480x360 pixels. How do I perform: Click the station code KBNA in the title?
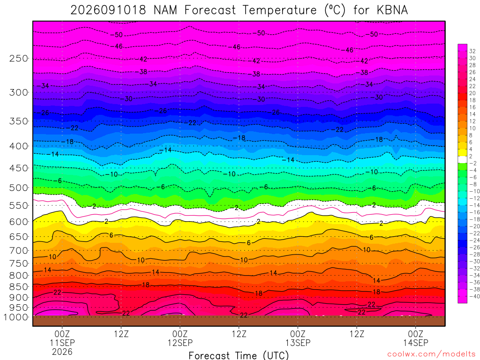[392, 10]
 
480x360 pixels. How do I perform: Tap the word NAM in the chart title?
[165, 10]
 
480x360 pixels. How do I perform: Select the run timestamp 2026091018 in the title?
[108, 10]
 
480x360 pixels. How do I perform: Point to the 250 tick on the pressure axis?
[18, 58]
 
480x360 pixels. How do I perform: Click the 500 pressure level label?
[18, 187]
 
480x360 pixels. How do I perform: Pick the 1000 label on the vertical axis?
[15, 317]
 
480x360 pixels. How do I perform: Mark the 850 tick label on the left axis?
[18, 287]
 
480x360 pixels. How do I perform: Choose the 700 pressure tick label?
[18, 251]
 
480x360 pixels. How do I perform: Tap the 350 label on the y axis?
[18, 121]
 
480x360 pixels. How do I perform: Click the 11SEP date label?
[62, 343]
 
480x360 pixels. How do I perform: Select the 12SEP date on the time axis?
[180, 343]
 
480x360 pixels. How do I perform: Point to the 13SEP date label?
[298, 343]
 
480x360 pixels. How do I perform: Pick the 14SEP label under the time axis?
[415, 343]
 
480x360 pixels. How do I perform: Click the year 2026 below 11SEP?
[62, 352]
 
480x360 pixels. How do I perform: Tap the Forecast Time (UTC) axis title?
[239, 355]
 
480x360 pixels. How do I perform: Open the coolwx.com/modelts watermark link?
[431, 354]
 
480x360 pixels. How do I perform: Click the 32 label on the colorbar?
[472, 51]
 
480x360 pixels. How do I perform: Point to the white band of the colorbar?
[463, 159]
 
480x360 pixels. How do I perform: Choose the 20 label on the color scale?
[472, 93]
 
